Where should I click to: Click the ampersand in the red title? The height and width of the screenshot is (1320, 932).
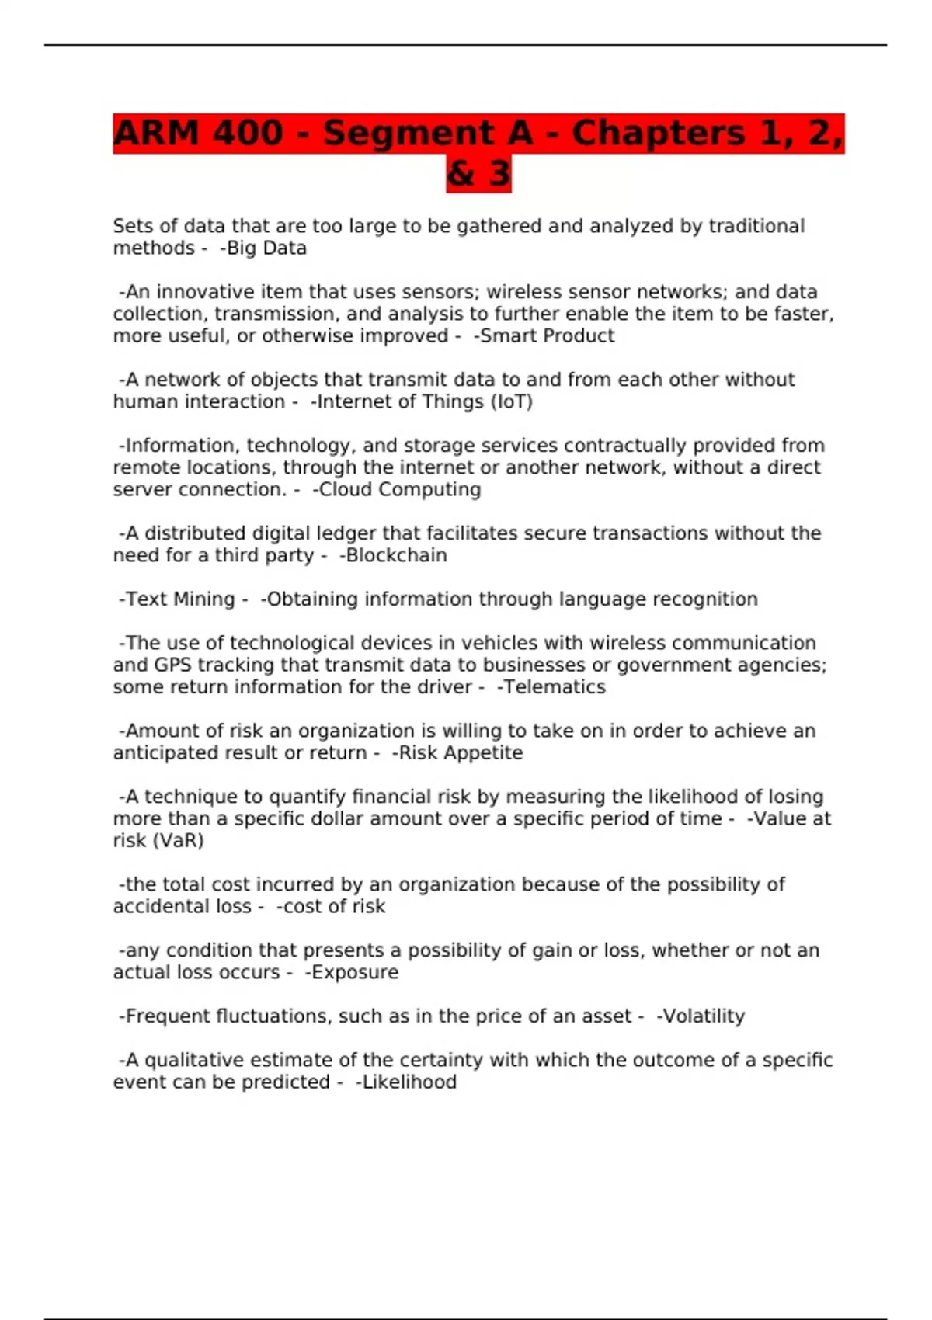(x=461, y=173)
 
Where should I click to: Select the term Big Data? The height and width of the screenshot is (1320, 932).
(x=266, y=248)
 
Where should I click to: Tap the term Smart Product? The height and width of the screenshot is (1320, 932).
(x=547, y=336)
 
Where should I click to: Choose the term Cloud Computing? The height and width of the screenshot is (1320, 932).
(x=400, y=490)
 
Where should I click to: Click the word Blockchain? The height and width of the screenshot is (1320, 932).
(x=396, y=556)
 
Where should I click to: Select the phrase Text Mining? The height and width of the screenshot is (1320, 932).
(x=180, y=599)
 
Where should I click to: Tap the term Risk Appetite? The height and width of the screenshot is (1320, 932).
(x=461, y=753)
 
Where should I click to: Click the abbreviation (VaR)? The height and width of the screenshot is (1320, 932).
(x=179, y=841)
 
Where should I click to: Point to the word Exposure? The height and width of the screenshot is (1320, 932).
(x=355, y=973)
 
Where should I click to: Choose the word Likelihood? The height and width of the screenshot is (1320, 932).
(x=409, y=1082)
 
